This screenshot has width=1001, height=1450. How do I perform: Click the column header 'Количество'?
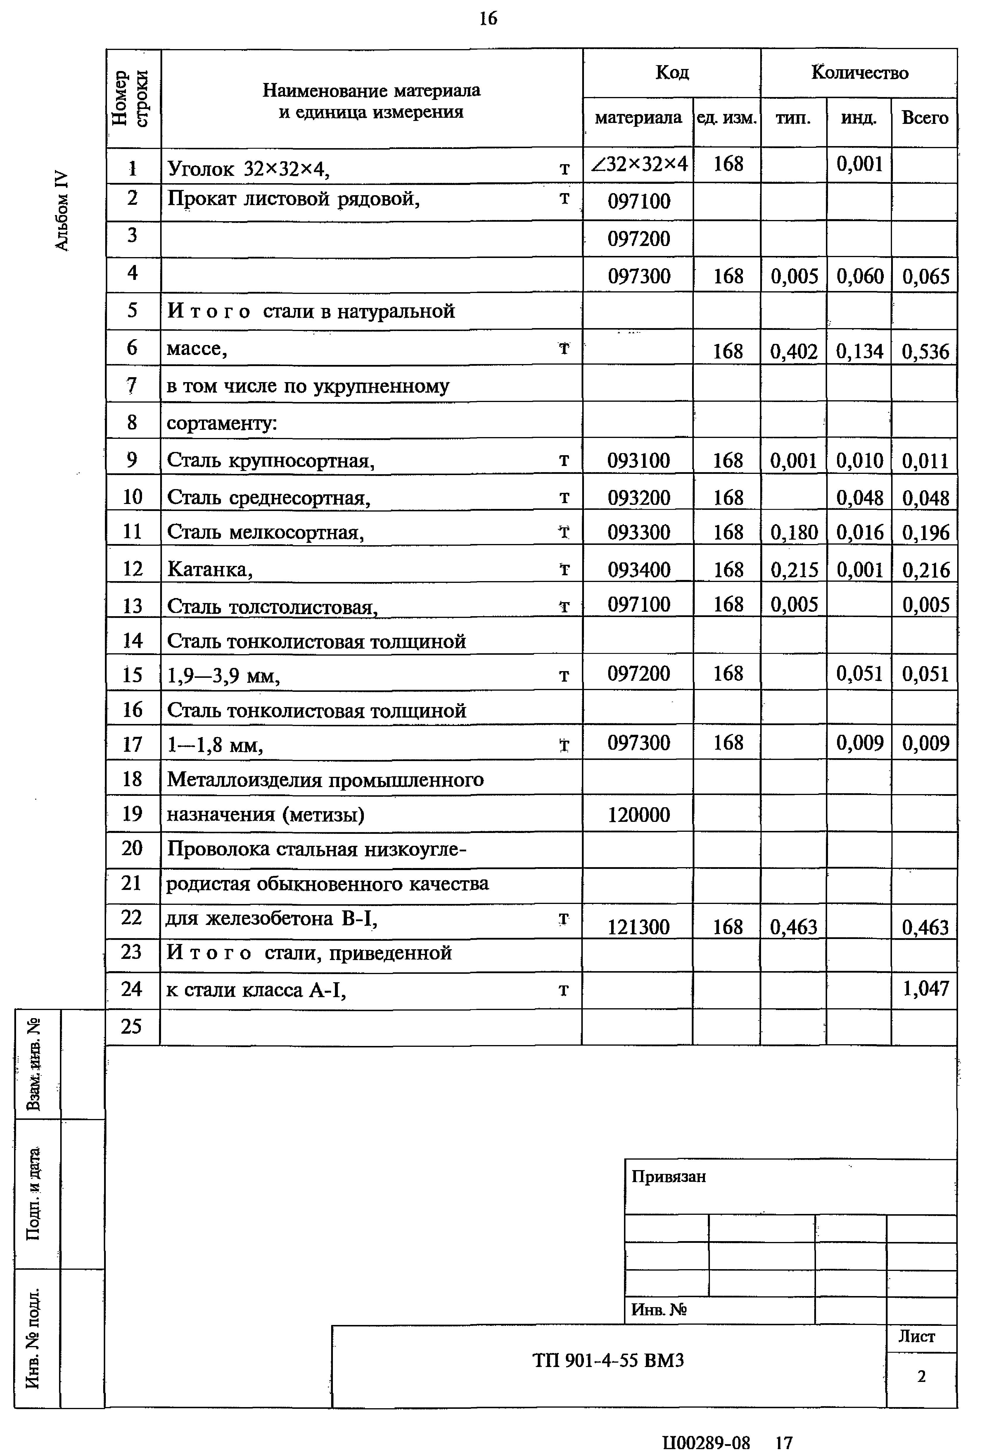[x=859, y=73]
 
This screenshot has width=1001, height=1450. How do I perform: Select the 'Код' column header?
[x=672, y=73]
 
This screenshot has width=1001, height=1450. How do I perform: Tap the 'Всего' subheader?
[x=924, y=118]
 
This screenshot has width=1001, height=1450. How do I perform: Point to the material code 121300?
[x=639, y=926]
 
